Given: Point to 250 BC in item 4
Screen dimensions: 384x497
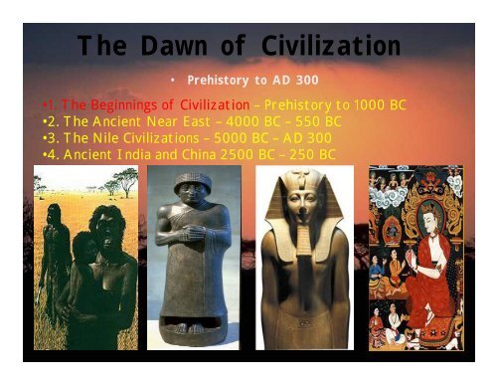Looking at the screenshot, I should pos(311,154).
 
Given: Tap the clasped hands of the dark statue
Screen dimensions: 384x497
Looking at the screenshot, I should pos(195,236).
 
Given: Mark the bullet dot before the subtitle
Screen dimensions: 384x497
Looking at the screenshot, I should pos(172,78).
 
